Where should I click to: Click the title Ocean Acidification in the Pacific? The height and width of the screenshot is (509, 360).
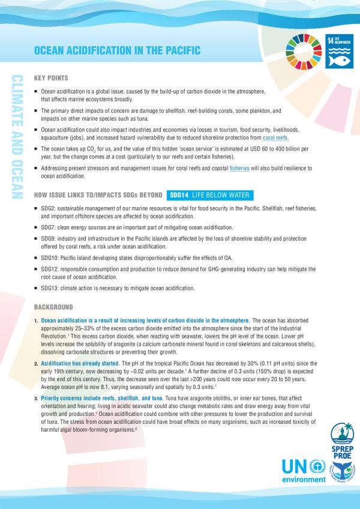point(116,51)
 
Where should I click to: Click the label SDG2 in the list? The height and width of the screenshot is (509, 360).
point(47,207)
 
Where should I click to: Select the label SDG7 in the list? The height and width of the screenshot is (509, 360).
point(47,228)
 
